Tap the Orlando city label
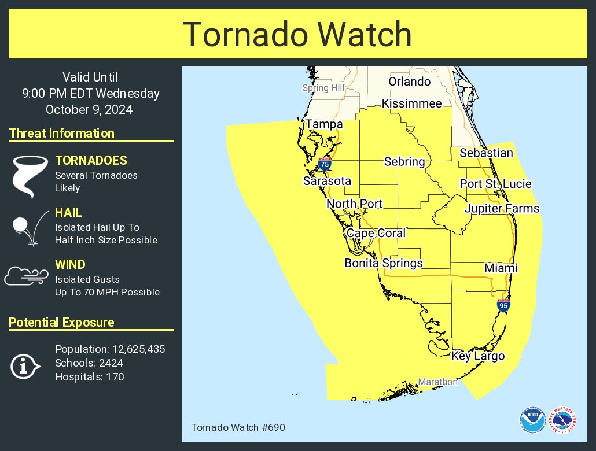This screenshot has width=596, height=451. point(409,82)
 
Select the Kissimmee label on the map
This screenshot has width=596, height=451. point(411,104)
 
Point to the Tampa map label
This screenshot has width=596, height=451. point(324,124)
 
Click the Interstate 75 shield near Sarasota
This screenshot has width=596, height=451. point(325,164)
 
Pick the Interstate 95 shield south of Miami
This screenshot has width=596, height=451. point(503,305)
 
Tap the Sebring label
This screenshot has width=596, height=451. point(404,162)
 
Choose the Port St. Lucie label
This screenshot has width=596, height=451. point(495,184)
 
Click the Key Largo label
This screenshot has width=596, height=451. point(478,356)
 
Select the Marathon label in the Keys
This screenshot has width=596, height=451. point(437,382)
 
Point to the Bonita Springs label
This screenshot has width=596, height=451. point(384,263)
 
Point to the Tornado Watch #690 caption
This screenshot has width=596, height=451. point(238,427)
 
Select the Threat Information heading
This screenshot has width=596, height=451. point(62,134)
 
